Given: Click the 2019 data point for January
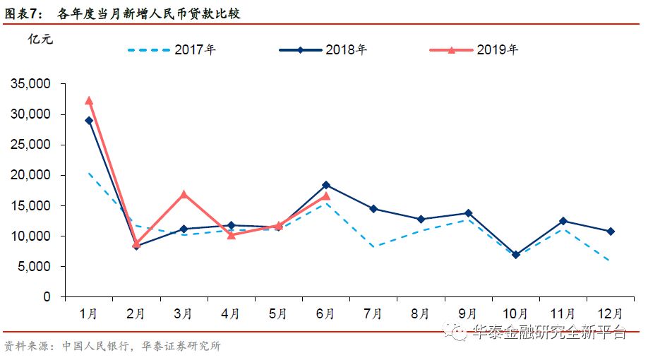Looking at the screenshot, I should (x=88, y=101).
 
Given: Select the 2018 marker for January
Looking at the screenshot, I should (x=88, y=121).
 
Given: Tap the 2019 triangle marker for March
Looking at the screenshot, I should (x=184, y=194).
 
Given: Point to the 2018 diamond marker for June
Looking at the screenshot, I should (x=326, y=185).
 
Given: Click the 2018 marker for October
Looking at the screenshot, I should (x=515, y=255).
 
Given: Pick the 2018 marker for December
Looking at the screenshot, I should (x=611, y=232).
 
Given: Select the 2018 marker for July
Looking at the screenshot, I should (x=373, y=209).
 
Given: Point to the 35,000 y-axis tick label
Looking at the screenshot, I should (x=30, y=84).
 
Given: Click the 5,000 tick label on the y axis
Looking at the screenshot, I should (x=34, y=267).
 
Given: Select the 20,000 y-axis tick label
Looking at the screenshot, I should (x=30, y=175).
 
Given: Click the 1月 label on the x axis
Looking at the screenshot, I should (x=88, y=313).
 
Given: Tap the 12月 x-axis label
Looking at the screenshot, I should (x=611, y=313).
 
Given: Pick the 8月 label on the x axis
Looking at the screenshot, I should (x=421, y=313).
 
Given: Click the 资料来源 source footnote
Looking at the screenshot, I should (x=113, y=347).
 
